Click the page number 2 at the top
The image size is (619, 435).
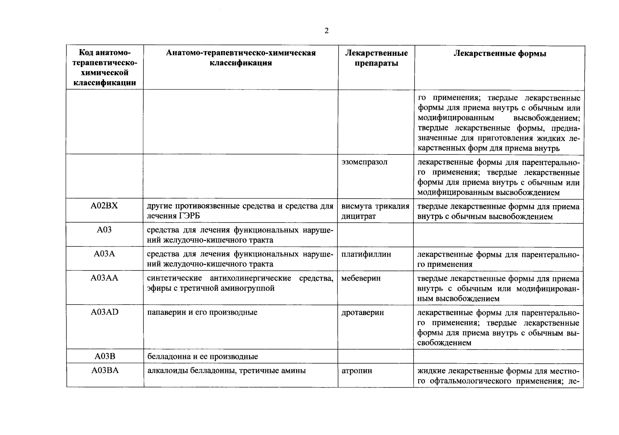(x=326, y=31)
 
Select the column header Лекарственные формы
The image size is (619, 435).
(x=499, y=54)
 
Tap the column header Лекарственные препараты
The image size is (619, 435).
(x=376, y=58)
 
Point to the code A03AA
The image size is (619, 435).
(x=104, y=278)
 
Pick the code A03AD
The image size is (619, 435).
(x=104, y=312)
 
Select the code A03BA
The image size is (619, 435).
(x=105, y=370)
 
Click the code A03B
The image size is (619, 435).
(x=105, y=356)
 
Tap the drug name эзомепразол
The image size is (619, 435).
(x=364, y=162)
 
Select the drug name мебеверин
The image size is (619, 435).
(x=361, y=278)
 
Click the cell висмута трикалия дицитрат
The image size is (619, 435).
(x=375, y=211)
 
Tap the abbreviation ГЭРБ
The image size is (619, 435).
(x=189, y=216)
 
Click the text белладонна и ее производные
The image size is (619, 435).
(x=203, y=356)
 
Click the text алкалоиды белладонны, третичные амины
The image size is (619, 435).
(x=227, y=370)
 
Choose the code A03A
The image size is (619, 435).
(x=104, y=254)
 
